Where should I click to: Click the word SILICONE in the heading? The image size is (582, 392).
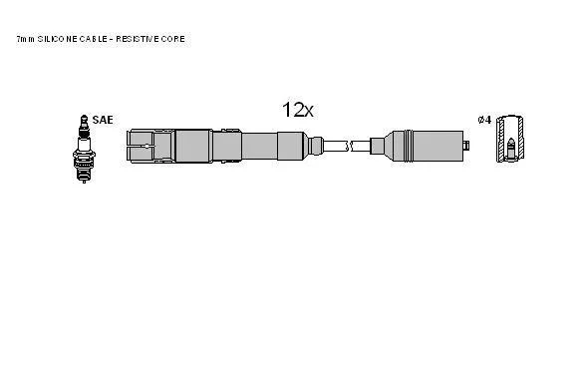(56, 39)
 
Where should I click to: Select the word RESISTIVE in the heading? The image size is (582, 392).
(137, 39)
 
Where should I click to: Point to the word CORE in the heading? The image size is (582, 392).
(172, 39)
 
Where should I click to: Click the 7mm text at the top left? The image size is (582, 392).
(25, 39)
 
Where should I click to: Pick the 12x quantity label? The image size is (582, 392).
(298, 110)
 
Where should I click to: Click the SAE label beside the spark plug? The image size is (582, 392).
(103, 120)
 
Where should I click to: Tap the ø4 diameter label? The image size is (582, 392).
(484, 120)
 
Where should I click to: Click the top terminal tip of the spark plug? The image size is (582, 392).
(85, 118)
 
